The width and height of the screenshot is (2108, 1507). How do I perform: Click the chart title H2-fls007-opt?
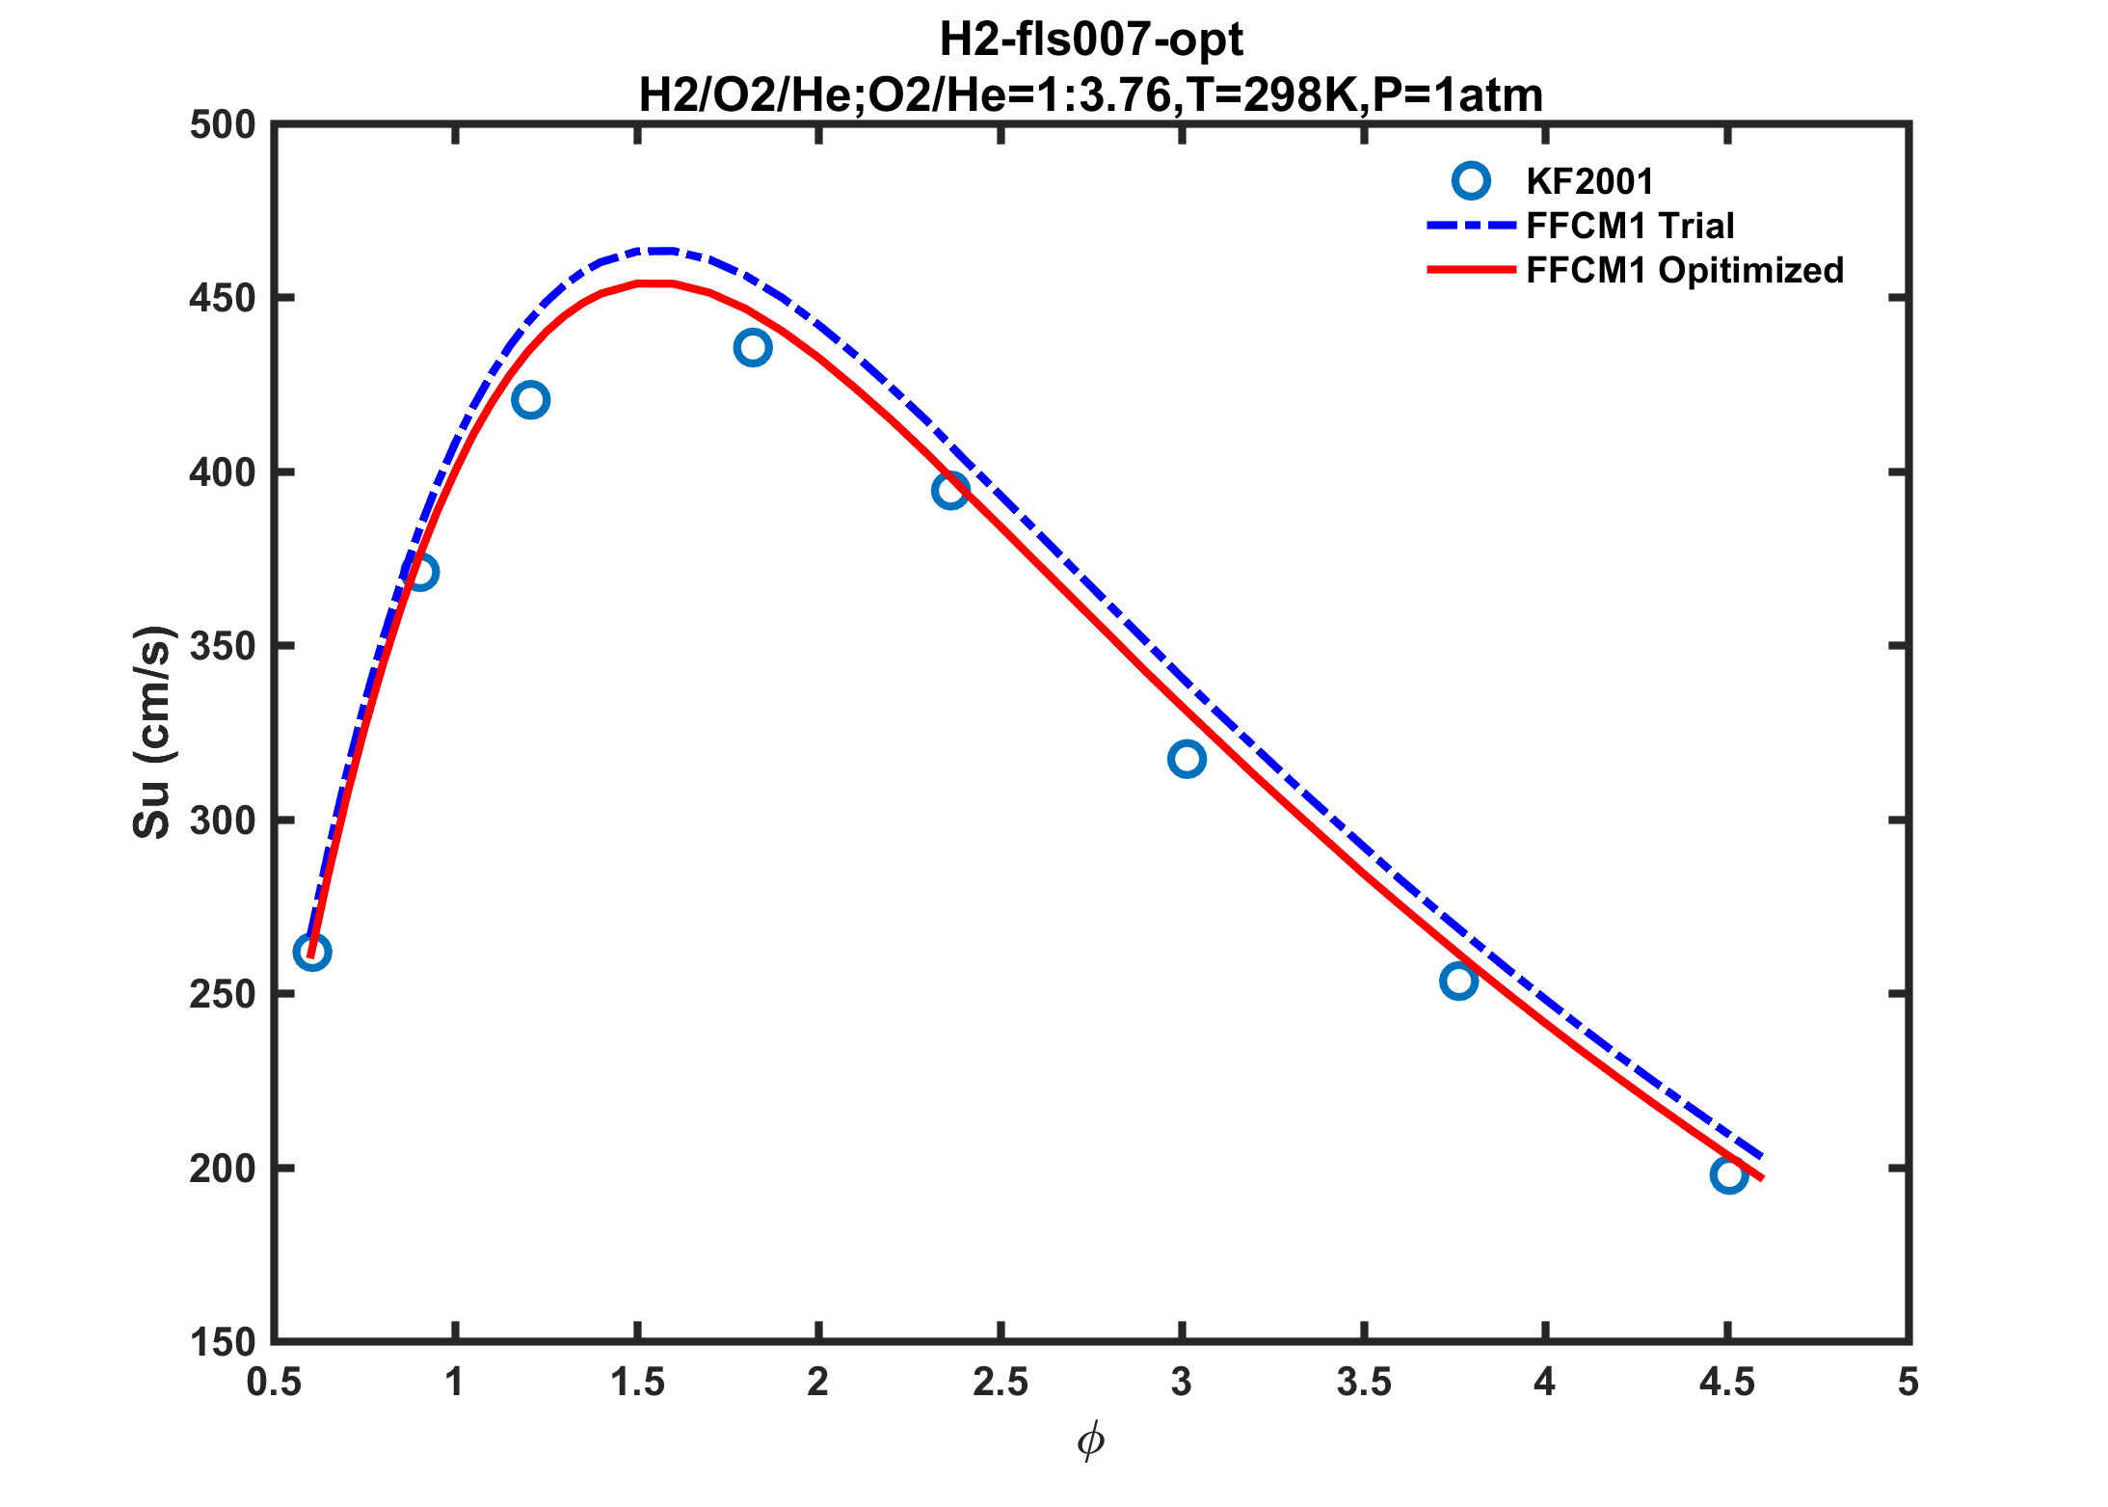[x=1091, y=40]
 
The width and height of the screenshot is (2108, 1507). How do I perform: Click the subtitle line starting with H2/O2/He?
[x=1091, y=94]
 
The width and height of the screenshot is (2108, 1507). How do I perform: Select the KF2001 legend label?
[x=1589, y=181]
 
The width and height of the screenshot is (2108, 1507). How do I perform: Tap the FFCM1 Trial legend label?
[x=1630, y=226]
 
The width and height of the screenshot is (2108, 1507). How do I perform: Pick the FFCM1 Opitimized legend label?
[x=1685, y=270]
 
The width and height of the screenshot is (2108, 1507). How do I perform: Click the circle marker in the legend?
[x=1471, y=180]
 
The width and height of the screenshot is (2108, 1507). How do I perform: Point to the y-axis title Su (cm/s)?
[x=152, y=732]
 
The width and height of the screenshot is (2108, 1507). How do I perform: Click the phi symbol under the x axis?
[x=1090, y=1442]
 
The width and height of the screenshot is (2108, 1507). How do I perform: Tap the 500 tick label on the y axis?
[x=223, y=125]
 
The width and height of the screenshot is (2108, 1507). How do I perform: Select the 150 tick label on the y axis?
[x=223, y=1342]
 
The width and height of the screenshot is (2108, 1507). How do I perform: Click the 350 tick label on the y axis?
[x=223, y=646]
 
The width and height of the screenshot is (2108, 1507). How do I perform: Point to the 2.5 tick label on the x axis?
[x=1001, y=1383]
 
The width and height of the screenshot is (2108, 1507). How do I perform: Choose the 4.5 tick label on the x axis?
[x=1727, y=1383]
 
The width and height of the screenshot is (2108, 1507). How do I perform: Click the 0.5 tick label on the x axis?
[x=275, y=1383]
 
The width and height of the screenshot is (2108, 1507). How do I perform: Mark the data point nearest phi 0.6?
[x=311, y=953]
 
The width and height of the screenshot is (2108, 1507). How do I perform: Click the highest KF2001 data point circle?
[x=752, y=348]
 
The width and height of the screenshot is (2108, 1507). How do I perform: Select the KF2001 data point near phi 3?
[x=1187, y=760]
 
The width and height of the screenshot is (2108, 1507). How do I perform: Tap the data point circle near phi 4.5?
[x=1729, y=1175]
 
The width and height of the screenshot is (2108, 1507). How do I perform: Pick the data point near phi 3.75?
[x=1458, y=982]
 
